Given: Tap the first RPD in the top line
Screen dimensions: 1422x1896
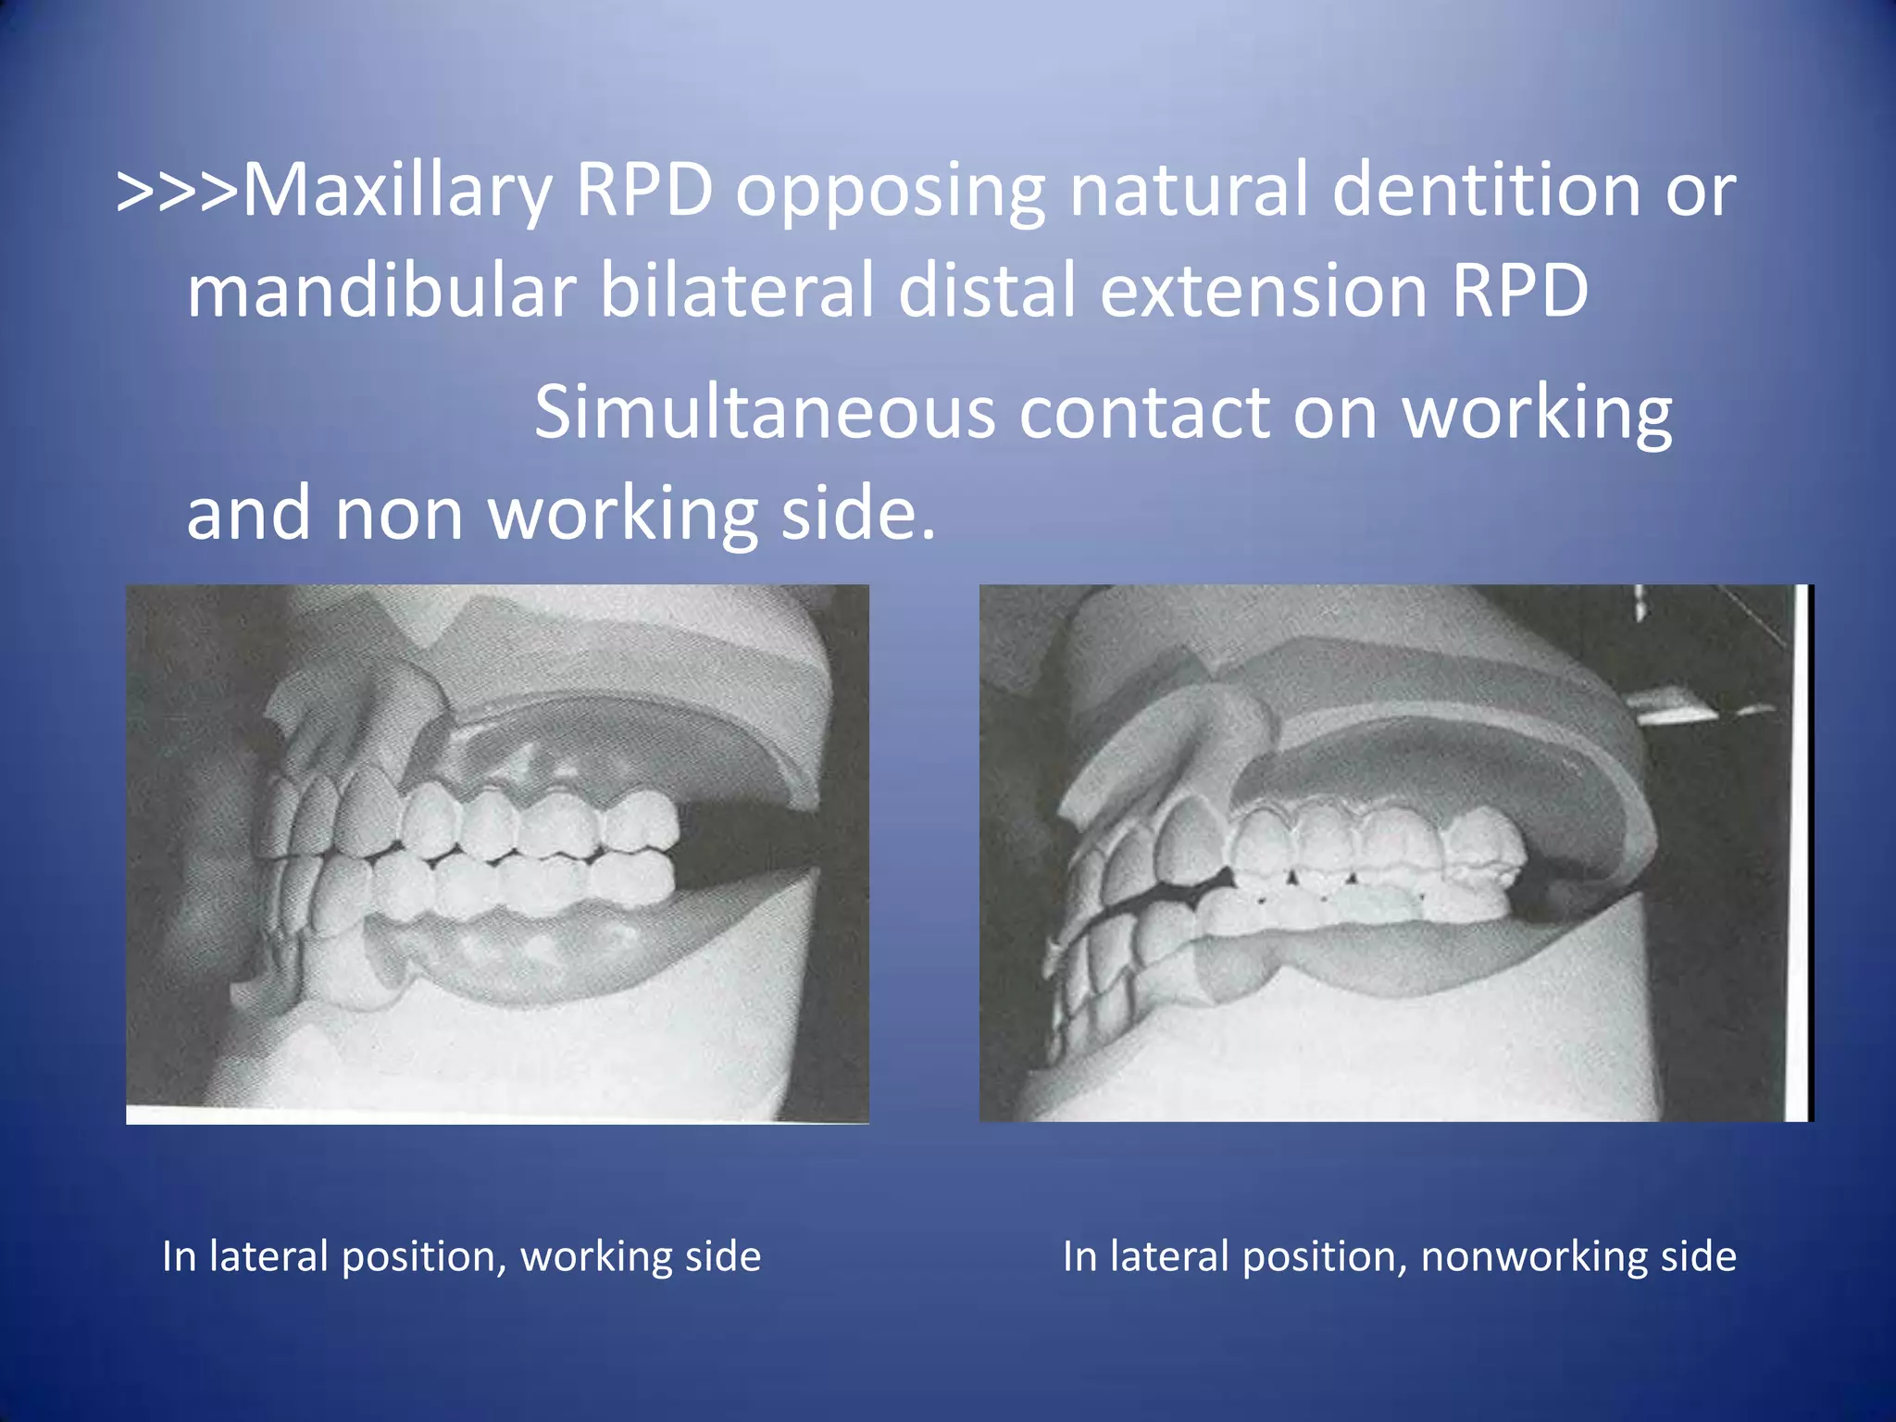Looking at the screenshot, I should (x=643, y=191).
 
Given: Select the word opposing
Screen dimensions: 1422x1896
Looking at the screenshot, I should (x=890, y=193).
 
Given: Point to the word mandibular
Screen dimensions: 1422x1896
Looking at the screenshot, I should (x=381, y=292).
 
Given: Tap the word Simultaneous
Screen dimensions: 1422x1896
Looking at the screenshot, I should (x=765, y=414).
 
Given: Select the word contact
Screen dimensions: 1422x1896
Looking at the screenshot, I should (x=1144, y=414).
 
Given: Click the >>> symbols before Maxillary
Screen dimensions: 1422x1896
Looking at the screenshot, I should (x=177, y=193).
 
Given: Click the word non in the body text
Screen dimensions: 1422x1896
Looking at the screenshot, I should (x=399, y=515).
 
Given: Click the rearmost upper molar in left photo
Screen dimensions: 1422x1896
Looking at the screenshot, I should (x=642, y=821).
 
